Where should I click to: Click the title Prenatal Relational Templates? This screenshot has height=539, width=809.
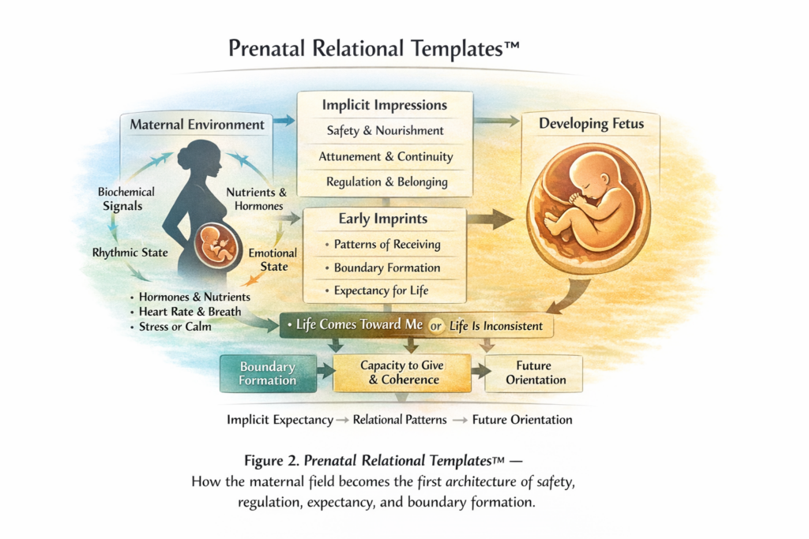(374, 49)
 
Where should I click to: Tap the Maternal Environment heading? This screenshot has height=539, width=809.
(198, 125)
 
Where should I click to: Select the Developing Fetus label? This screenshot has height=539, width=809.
(590, 124)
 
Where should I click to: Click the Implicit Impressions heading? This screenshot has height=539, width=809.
(385, 105)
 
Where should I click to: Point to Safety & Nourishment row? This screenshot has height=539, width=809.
(385, 131)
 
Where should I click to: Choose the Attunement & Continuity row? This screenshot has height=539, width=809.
(386, 156)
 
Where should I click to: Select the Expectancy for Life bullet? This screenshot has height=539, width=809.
(381, 290)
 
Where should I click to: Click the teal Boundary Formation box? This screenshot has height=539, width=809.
(267, 373)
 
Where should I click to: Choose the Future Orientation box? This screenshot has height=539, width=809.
(536, 373)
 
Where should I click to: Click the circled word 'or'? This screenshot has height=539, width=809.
(434, 326)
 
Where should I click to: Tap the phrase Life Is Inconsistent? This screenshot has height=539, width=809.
(496, 326)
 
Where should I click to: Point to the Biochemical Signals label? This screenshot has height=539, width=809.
(126, 199)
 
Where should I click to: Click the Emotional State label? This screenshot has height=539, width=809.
(273, 260)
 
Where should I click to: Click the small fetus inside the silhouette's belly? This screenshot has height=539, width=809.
(217, 244)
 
